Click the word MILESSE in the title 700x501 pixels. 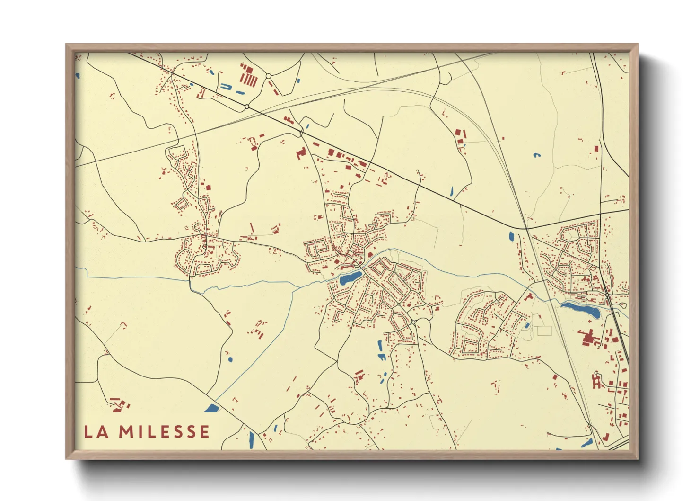click(164, 432)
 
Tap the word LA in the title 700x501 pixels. click(95, 432)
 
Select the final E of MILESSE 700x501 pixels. click(204, 432)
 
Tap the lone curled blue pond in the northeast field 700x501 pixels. click(536, 155)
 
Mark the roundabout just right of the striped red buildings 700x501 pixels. click(268, 76)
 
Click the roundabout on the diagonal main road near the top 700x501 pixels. click(247, 107)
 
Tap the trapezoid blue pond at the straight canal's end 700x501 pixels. click(211, 408)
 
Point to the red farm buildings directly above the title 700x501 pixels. click(120, 403)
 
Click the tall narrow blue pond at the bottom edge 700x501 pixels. click(252, 440)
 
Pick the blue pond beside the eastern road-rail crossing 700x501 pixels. click(511, 236)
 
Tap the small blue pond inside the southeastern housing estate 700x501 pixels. click(527, 326)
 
